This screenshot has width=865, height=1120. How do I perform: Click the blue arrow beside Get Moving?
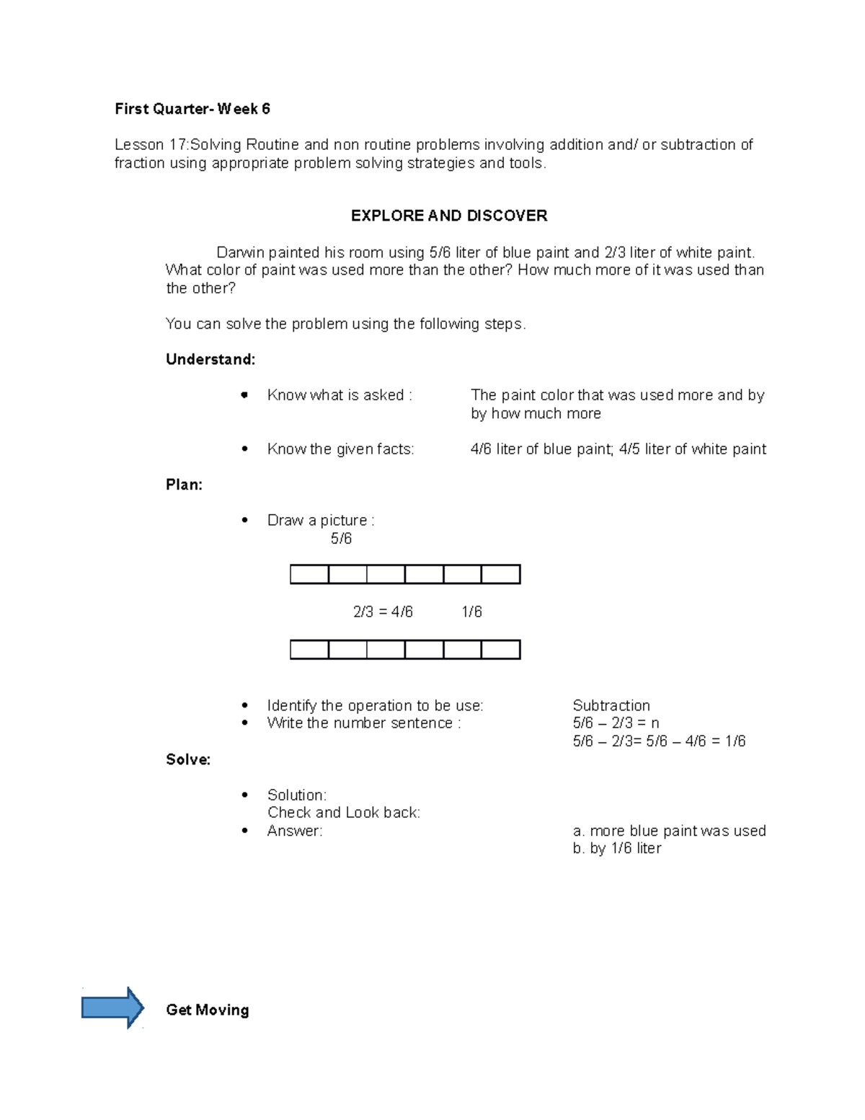pos(112,1007)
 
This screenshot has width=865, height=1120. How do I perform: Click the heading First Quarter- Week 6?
pos(192,109)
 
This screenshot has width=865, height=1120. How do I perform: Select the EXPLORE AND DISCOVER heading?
pos(448,216)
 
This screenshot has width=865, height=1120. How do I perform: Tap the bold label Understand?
pos(210,359)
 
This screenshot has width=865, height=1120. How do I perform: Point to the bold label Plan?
pos(184,485)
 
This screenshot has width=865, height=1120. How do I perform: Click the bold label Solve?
pos(188,759)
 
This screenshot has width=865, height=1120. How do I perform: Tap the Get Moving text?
pos(207,1010)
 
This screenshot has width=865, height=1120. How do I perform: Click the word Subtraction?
pos(611,705)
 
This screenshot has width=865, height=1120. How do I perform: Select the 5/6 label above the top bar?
pos(341,539)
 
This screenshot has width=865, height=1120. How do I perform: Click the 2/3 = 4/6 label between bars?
pos(383,612)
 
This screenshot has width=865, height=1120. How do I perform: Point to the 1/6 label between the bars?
pos(471,612)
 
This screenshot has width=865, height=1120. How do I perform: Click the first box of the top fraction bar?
pos(309,575)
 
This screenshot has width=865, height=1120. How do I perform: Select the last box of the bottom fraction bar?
pos(500,650)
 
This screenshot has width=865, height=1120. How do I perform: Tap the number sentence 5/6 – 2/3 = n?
pos(616,723)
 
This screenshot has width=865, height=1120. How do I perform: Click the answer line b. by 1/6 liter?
pos(616,849)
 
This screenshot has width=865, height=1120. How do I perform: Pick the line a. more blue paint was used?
pos(669,831)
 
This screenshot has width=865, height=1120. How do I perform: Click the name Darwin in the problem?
pos(240,252)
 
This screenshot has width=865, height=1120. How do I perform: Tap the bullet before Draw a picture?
pos(245,521)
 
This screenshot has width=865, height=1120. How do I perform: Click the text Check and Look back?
pos(343,813)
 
